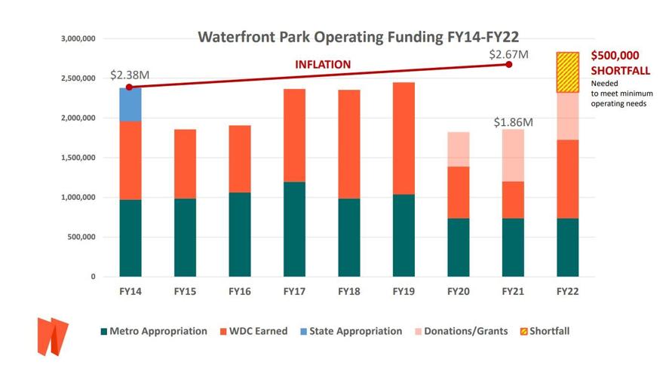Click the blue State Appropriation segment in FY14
point(130,104)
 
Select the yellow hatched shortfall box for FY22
point(567,72)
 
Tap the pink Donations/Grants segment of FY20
point(458,149)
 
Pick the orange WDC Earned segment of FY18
point(348,144)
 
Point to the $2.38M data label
point(130,75)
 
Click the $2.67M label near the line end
point(508,54)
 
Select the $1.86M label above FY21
point(514,122)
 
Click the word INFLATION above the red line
point(322,65)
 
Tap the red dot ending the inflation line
point(509,65)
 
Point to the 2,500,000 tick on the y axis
point(78,78)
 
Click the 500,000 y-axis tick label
point(82,238)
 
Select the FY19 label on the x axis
point(404,291)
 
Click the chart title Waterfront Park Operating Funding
point(358,37)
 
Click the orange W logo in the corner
point(52,336)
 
